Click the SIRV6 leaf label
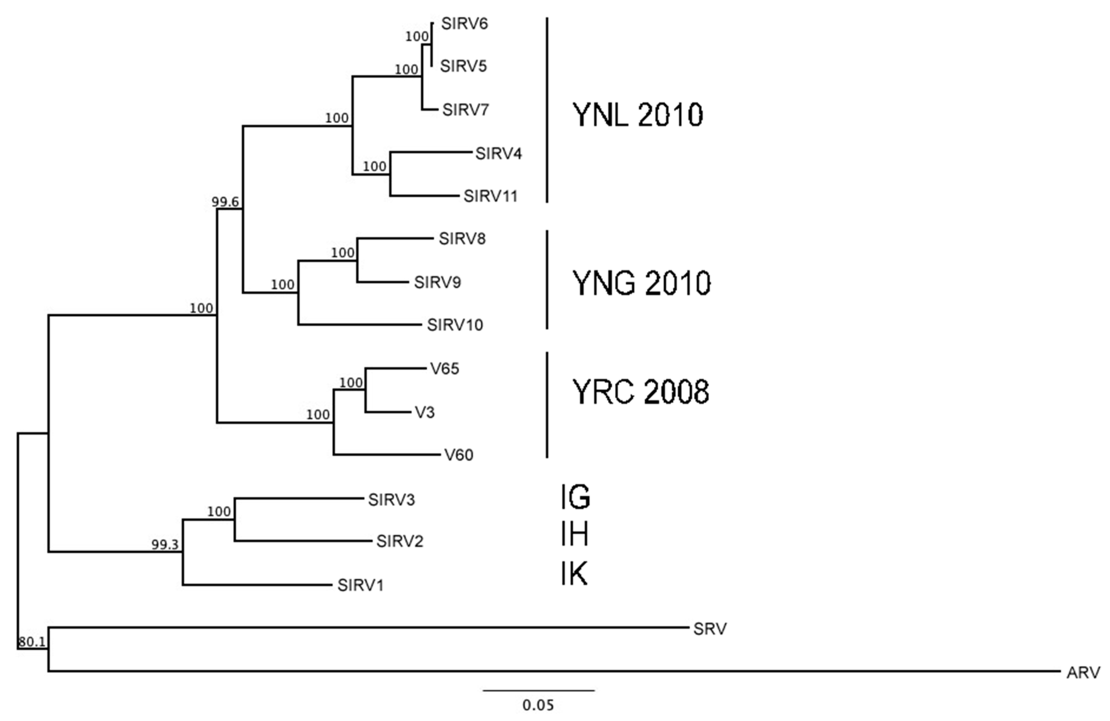tap(465, 23)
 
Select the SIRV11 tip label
tap(491, 196)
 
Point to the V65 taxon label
tap(445, 369)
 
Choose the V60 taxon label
tap(459, 455)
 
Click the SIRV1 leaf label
tap(361, 585)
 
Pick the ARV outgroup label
tap(1083, 673)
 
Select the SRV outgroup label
tap(710, 629)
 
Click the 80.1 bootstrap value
tap(32, 642)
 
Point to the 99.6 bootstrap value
tap(225, 202)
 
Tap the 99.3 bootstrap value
tap(165, 545)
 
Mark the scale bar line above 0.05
tap(539, 690)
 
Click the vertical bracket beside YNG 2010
tap(547, 280)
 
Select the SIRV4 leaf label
tap(498, 153)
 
